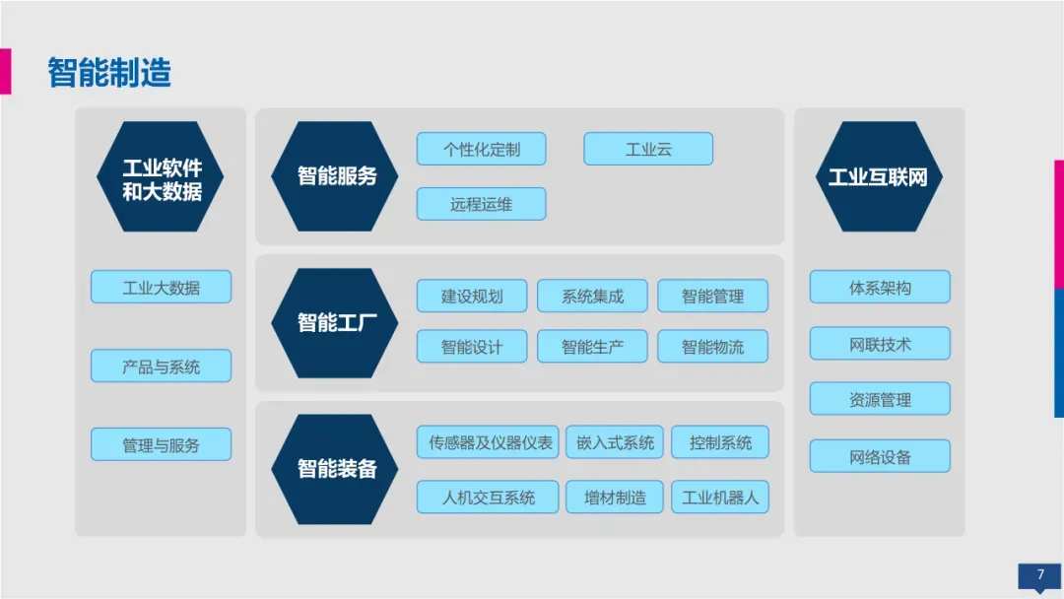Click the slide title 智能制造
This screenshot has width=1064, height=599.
tap(109, 74)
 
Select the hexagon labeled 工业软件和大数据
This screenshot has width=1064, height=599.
tap(161, 177)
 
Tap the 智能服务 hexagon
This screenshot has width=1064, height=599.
tap(336, 177)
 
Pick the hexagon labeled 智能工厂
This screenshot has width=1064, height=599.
tap(336, 322)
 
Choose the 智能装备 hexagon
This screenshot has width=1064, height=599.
tap(336, 469)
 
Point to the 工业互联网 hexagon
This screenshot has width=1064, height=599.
tap(879, 177)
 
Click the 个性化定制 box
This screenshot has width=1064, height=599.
tap(481, 150)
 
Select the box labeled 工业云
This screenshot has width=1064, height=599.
tap(648, 150)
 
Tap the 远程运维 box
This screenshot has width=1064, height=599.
tap(481, 204)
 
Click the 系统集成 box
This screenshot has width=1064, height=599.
tap(592, 296)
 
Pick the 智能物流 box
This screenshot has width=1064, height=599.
tap(712, 347)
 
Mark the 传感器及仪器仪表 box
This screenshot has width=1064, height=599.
tap(488, 442)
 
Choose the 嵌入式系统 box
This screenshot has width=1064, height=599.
tap(615, 442)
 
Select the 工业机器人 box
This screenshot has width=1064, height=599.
tap(720, 498)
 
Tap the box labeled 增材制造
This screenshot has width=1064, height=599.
tap(615, 498)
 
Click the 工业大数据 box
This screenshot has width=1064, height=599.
tap(161, 288)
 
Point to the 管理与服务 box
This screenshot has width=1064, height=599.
tap(161, 445)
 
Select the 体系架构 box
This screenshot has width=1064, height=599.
tap(880, 288)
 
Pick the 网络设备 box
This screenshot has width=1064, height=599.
tap(880, 457)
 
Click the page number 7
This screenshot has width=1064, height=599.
tap(1039, 575)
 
